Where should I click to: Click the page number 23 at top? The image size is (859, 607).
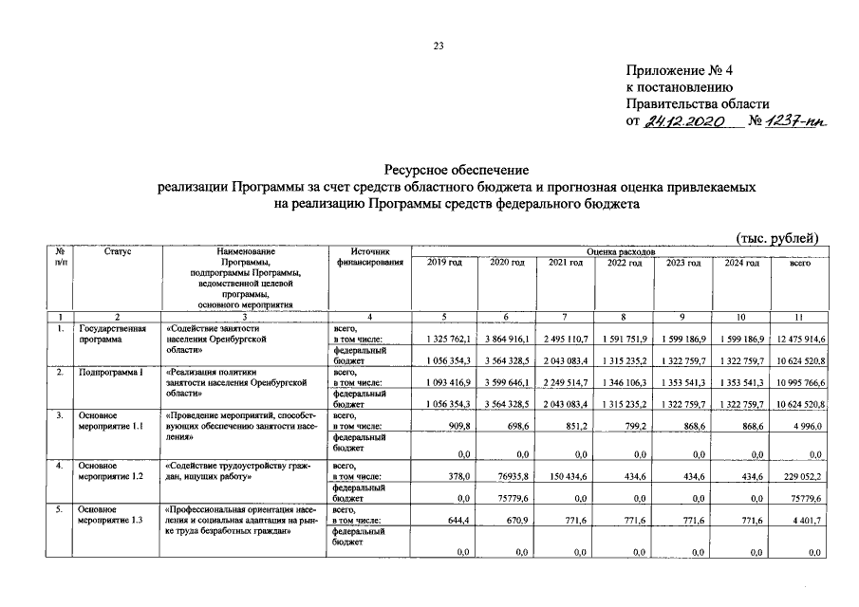[x=439, y=44]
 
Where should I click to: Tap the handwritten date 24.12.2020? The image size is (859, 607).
[x=684, y=122]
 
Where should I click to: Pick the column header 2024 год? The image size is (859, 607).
[x=741, y=262]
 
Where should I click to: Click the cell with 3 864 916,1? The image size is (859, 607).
[x=506, y=339]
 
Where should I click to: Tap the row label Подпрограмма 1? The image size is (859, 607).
[x=109, y=372]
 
